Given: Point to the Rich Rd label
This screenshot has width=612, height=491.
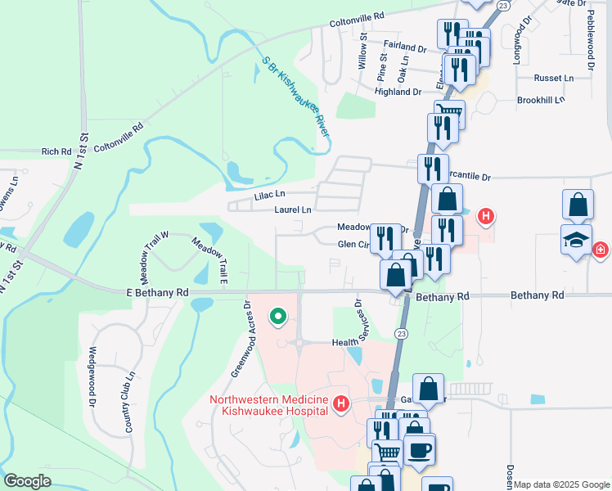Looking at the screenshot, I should pos(56,151).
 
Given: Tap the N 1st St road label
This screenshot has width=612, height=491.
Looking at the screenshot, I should pos(79,151).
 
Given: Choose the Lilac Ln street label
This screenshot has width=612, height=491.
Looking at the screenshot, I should pos(269,194).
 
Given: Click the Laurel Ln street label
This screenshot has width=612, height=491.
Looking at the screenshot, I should pos(292,210).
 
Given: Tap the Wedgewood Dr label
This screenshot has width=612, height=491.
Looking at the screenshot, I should pos(92,380).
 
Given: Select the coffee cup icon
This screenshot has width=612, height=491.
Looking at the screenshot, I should pos(420,450).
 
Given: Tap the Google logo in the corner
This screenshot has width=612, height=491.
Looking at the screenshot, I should pos(26,481).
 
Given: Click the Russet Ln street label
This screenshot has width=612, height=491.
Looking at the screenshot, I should pos(553,79).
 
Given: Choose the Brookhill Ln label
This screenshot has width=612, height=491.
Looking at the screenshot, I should pos(541,100).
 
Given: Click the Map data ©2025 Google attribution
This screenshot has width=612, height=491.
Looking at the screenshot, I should pos(561,484).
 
